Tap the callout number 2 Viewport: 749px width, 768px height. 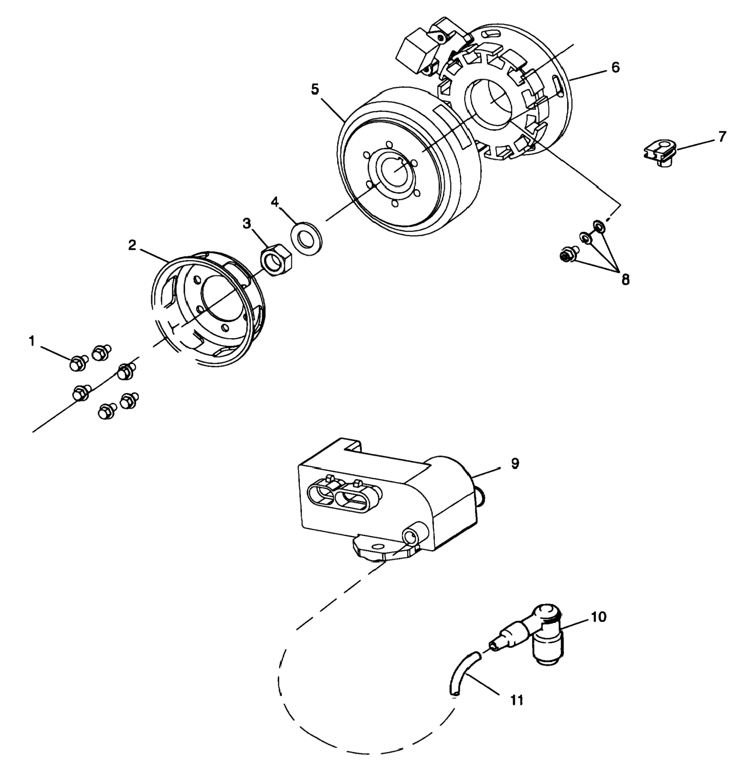point(132,245)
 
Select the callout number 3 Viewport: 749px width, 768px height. point(246,224)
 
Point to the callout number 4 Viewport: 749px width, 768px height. point(275,202)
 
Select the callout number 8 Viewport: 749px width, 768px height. point(625,280)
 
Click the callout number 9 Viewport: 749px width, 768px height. point(515,463)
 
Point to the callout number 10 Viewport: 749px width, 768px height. point(599,617)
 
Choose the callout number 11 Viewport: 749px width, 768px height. point(517,700)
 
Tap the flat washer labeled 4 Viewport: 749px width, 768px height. point(306,237)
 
